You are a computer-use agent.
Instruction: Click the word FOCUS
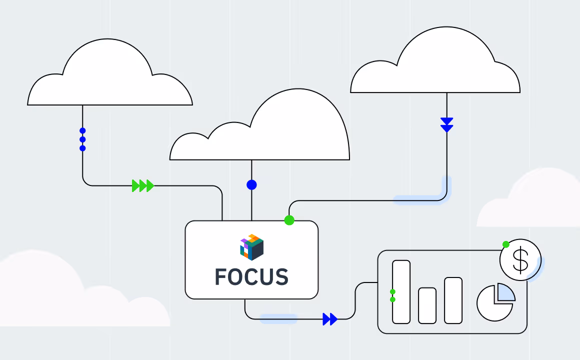(x=251, y=276)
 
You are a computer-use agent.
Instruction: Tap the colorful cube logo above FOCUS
(x=251, y=247)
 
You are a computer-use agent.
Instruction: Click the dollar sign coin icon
(x=520, y=260)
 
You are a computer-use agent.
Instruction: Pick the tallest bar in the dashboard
(x=401, y=291)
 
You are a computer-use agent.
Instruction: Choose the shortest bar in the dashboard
(x=427, y=305)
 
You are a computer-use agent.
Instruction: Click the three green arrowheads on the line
(x=142, y=186)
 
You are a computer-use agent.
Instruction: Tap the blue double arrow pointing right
(x=330, y=318)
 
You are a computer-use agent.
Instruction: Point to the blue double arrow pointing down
(x=446, y=124)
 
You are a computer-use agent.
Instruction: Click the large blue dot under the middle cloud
(x=251, y=185)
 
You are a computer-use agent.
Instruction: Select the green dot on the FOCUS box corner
(x=289, y=220)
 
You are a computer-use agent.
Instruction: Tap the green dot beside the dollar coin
(x=506, y=244)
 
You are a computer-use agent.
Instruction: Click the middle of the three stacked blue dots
(x=82, y=139)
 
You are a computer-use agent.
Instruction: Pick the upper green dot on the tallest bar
(x=392, y=291)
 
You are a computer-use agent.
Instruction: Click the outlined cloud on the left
(x=110, y=80)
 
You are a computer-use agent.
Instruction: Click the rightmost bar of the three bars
(x=453, y=300)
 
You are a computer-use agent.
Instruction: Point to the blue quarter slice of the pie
(x=505, y=292)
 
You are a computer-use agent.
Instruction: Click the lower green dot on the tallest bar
(x=392, y=299)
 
